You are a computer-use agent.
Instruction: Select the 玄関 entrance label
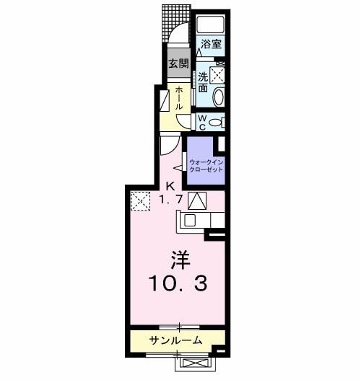tap(178, 63)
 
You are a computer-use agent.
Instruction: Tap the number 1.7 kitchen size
tap(170, 200)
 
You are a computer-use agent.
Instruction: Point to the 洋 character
tap(179, 259)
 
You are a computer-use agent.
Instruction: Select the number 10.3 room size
tap(179, 283)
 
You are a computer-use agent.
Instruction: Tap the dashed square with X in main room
tap(139, 200)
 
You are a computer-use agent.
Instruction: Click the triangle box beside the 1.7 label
tap(196, 200)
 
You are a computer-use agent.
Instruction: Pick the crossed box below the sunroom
tap(195, 364)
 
